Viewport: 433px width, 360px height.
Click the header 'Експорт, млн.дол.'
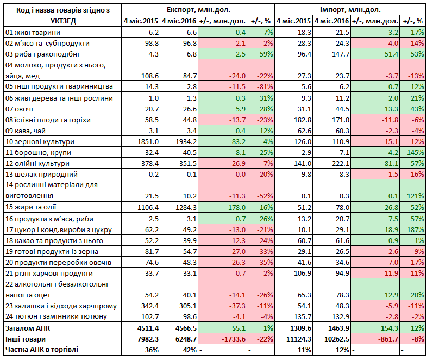tap(198, 10)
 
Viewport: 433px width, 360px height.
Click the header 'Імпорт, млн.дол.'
tap(350, 10)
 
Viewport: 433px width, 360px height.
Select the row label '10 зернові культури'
tap(40, 142)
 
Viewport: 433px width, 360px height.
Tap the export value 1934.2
tap(186, 142)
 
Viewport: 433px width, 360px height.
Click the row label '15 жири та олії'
tap(30, 207)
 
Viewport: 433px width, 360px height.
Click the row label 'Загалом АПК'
tap(28, 328)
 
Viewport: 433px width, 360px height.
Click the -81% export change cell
tap(265, 87)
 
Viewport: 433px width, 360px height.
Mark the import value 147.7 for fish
tap(341, 54)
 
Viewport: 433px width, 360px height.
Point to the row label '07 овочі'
tap(19, 109)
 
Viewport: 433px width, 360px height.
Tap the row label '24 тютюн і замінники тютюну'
tap(56, 316)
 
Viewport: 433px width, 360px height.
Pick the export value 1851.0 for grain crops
tap(148, 142)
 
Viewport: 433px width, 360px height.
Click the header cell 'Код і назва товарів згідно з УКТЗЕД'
tap(63, 15)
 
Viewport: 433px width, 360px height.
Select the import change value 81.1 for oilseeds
tap(391, 164)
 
